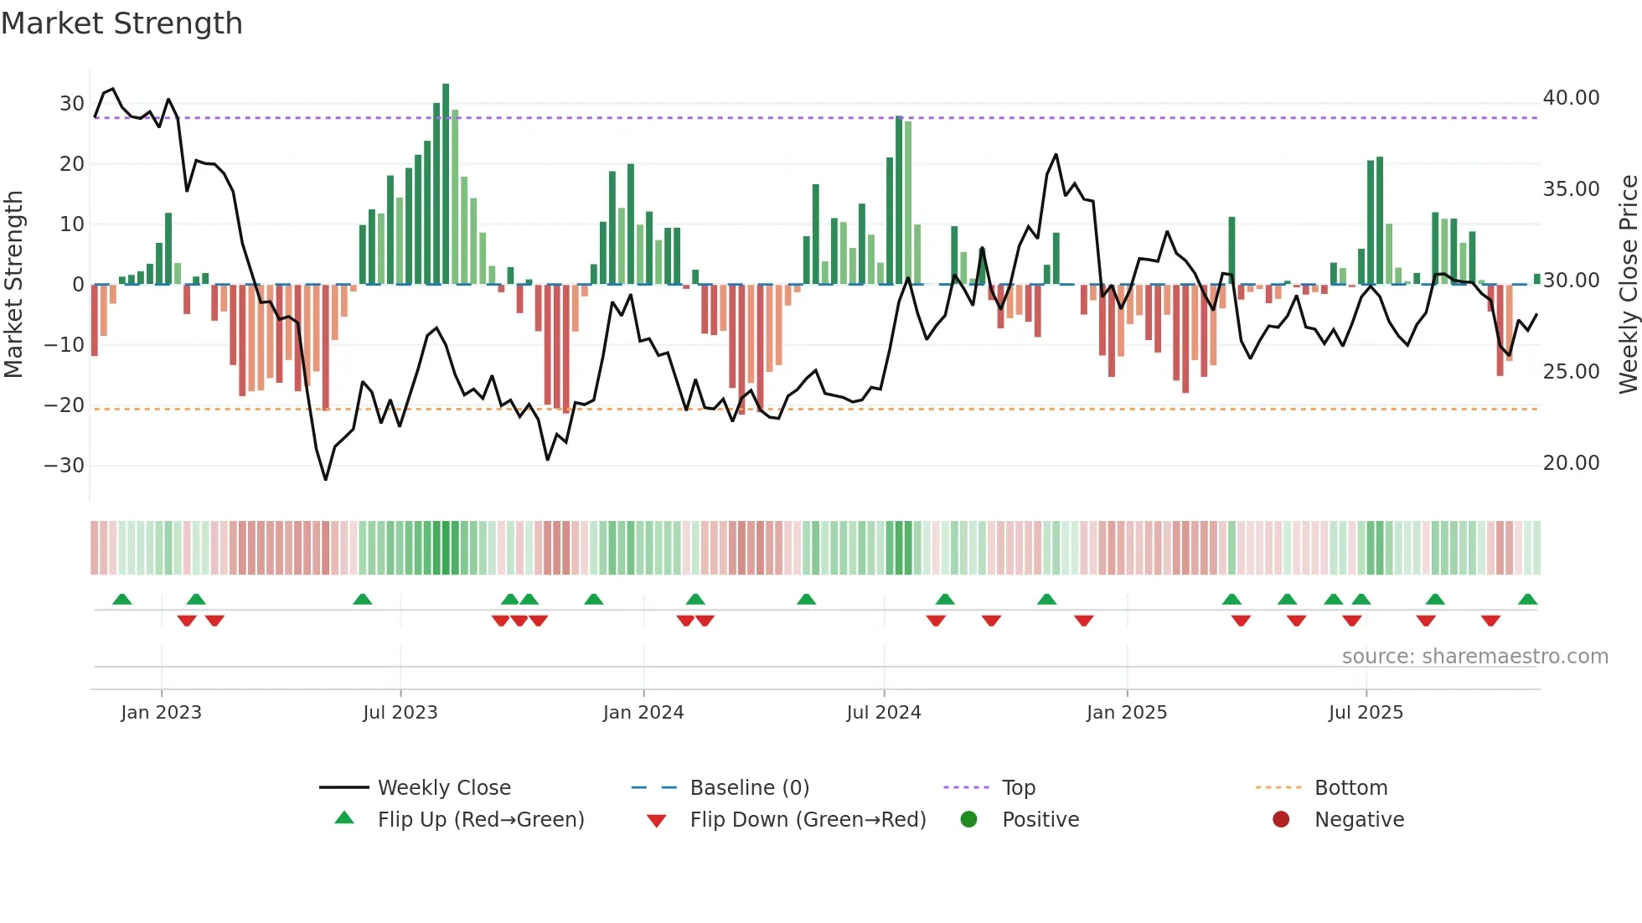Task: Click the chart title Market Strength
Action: tap(122, 23)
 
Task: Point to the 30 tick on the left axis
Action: tap(71, 104)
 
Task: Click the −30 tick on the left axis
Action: tap(65, 466)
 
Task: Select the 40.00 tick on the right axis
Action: tap(1571, 98)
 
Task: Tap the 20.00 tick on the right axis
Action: tap(1571, 463)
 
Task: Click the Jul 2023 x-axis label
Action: tap(400, 713)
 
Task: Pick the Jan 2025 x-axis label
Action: tap(1126, 713)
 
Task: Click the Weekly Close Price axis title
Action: tap(1628, 285)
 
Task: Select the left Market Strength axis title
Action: tap(13, 285)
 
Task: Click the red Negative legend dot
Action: tap(1281, 819)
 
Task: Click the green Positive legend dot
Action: tap(968, 819)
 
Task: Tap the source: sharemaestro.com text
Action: tap(1474, 657)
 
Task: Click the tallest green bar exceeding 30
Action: tap(446, 184)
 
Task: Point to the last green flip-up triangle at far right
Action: tap(1527, 600)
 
